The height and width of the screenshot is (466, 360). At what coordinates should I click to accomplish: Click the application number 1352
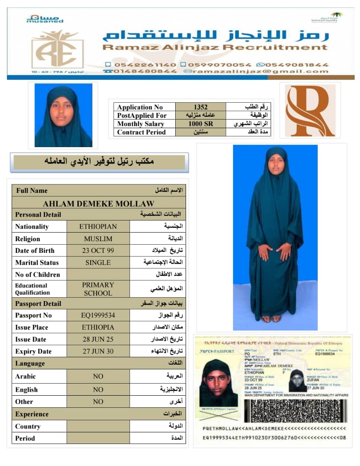click(x=201, y=107)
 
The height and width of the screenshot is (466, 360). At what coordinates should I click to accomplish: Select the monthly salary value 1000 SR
click(x=201, y=124)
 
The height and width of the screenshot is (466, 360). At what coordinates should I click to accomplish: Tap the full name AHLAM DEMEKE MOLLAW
click(x=98, y=203)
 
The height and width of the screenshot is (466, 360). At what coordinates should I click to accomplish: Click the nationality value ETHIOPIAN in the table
click(x=98, y=226)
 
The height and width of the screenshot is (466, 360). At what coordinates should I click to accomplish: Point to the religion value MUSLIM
click(x=98, y=239)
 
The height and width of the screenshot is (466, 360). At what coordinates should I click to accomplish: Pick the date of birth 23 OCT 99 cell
click(x=98, y=250)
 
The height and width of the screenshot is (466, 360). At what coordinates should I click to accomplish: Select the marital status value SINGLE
click(x=98, y=262)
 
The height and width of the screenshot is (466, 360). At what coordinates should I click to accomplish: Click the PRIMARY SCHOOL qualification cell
click(x=98, y=289)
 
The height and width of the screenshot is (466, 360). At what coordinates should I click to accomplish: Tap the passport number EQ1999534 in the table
click(x=98, y=315)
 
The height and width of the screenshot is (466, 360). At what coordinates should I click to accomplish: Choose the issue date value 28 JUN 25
click(x=98, y=339)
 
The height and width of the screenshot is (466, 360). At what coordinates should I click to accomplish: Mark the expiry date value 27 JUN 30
click(x=98, y=351)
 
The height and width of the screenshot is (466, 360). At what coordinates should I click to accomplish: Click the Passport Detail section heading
click(x=38, y=303)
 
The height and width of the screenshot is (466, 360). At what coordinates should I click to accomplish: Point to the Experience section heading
click(x=32, y=414)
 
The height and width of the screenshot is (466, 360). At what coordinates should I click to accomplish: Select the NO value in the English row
click(x=98, y=390)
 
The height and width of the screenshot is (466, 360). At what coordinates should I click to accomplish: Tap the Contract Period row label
click(x=141, y=132)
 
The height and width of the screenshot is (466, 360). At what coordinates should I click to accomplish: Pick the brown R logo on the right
click(x=310, y=110)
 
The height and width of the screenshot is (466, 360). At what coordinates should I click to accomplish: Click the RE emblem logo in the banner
click(x=57, y=50)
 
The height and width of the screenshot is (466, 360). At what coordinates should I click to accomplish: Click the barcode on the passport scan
click(x=295, y=410)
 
